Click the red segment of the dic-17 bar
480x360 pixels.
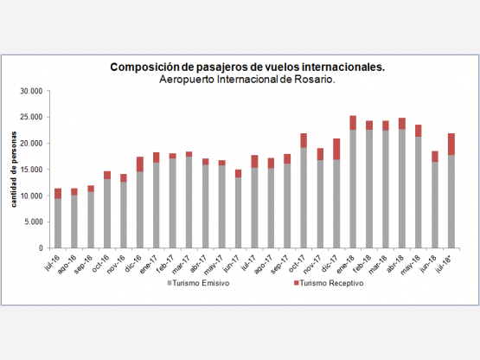pyautogui.click(x=336, y=149)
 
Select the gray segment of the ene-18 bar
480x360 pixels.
pyautogui.click(x=353, y=189)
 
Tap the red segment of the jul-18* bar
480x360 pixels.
pyautogui.click(x=451, y=145)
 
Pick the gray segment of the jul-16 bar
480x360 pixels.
pyautogui.click(x=58, y=223)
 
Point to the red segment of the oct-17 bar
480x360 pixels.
pyautogui.click(x=304, y=141)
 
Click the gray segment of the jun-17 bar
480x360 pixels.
pyautogui.click(x=238, y=213)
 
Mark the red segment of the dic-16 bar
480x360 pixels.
pyautogui.click(x=140, y=164)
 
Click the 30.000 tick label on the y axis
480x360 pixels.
pyautogui.click(x=31, y=92)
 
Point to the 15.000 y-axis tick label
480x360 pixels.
pyautogui.click(x=31, y=170)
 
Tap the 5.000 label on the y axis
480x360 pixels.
pyautogui.click(x=34, y=222)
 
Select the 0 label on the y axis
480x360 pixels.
pyautogui.click(x=41, y=248)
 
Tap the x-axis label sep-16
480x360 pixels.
pyautogui.click(x=83, y=264)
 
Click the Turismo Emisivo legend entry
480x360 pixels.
pyautogui.click(x=198, y=283)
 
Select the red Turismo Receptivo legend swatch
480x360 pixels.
pyautogui.click(x=296, y=283)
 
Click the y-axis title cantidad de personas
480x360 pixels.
pyautogui.click(x=14, y=170)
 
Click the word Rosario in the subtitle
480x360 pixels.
pyautogui.click(x=315, y=80)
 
